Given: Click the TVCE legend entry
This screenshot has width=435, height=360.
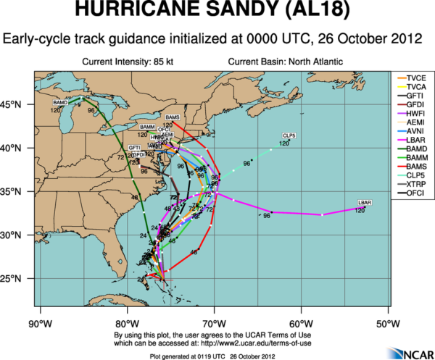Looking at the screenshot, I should tap(416, 76).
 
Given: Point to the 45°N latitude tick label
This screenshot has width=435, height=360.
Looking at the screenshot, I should tap(16, 104).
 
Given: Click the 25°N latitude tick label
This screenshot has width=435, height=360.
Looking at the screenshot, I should tap(16, 278).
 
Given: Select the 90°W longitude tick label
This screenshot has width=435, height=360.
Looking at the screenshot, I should tap(38, 322).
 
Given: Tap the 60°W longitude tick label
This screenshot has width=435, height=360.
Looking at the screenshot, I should tap(300, 322).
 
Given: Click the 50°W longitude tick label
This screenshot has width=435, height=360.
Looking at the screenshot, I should tap(388, 322).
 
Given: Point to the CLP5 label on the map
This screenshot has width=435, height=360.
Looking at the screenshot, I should tap(289, 136).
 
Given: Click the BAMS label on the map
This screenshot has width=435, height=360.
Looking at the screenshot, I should tap(172, 117).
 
